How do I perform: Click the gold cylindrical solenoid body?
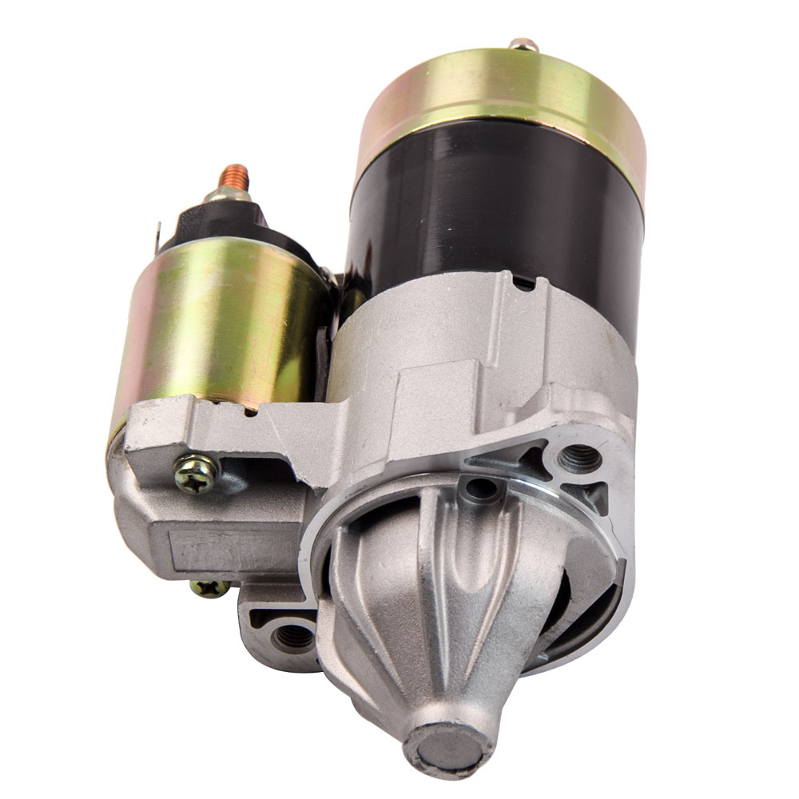(212, 320)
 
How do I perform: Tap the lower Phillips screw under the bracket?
(209, 589)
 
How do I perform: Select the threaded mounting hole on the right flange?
(580, 457)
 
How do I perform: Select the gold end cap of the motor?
(503, 104)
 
